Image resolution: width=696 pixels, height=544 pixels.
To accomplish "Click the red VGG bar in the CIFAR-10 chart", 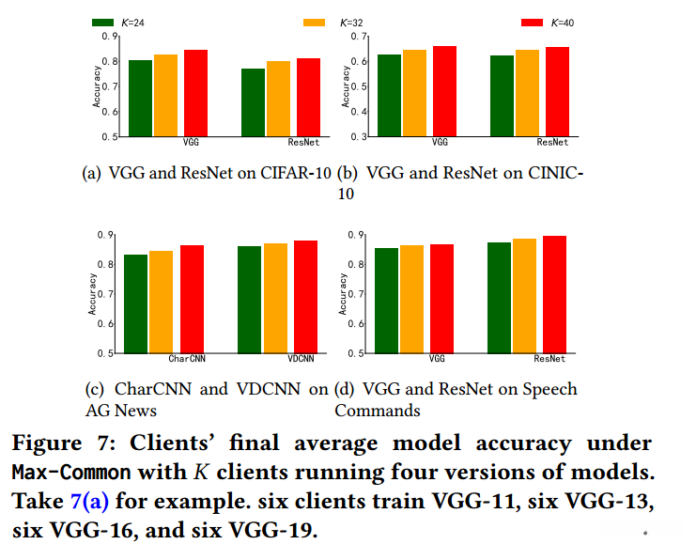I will point(194,93).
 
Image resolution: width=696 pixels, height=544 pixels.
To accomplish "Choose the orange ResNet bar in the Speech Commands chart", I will point(524,296).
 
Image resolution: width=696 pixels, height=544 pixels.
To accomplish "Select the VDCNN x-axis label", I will point(301,359).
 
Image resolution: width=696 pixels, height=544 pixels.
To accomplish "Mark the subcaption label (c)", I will point(94,389).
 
